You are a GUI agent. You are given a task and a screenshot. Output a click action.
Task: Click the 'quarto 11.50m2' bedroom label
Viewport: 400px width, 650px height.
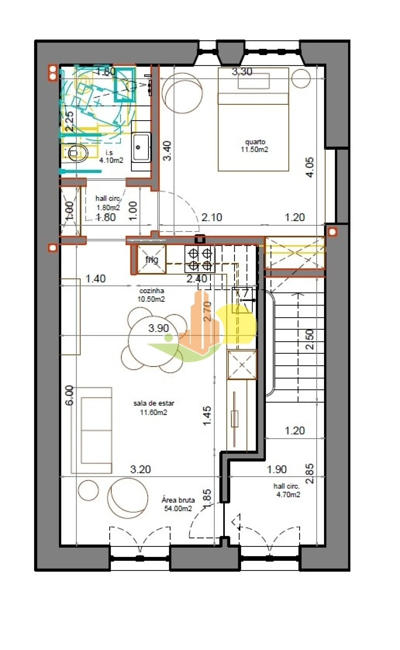(254, 146)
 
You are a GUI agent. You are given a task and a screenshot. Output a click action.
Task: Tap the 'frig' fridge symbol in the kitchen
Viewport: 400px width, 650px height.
(152, 259)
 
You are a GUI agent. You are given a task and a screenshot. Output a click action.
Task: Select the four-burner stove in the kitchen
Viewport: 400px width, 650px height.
(200, 259)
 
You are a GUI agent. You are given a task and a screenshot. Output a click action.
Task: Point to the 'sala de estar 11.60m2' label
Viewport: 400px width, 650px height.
(153, 408)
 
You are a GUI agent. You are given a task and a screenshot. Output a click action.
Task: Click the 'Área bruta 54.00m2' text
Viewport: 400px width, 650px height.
(178, 504)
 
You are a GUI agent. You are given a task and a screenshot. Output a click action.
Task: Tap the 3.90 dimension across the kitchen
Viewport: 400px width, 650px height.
(158, 328)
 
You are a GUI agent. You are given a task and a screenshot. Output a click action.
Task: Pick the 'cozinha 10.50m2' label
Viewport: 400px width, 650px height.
(152, 295)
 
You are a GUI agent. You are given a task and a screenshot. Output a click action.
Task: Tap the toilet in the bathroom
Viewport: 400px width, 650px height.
(76, 153)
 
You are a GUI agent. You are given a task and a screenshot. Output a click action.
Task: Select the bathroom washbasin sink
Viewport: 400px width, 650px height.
(141, 147)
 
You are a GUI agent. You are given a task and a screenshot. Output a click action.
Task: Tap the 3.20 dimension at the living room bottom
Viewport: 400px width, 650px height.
(140, 469)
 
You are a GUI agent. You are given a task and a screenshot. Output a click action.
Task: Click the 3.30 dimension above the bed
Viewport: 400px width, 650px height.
(242, 72)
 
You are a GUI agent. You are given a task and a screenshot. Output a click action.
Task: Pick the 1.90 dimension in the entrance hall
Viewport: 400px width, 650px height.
(277, 469)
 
